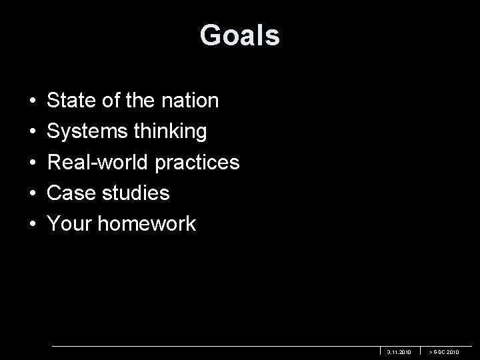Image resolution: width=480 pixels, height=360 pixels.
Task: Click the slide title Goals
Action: (x=239, y=35)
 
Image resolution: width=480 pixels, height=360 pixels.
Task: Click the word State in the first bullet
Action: (x=71, y=101)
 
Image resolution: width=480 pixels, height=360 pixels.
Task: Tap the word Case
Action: (x=71, y=193)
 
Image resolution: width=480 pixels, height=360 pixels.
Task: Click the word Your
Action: (x=69, y=224)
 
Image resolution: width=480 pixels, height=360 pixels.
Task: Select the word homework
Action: (x=147, y=224)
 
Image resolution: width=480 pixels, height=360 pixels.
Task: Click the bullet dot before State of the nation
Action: (x=33, y=101)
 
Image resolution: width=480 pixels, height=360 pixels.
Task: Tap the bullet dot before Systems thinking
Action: (x=33, y=132)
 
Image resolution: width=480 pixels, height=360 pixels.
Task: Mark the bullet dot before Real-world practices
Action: (x=33, y=163)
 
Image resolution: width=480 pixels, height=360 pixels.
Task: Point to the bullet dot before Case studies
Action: (x=33, y=194)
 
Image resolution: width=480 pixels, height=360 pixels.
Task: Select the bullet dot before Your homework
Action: (x=33, y=225)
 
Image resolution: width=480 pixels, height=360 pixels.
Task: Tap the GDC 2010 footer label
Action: (x=445, y=351)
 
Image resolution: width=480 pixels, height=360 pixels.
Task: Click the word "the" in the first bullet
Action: (x=139, y=101)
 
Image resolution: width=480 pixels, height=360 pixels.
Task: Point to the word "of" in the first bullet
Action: (x=110, y=101)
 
